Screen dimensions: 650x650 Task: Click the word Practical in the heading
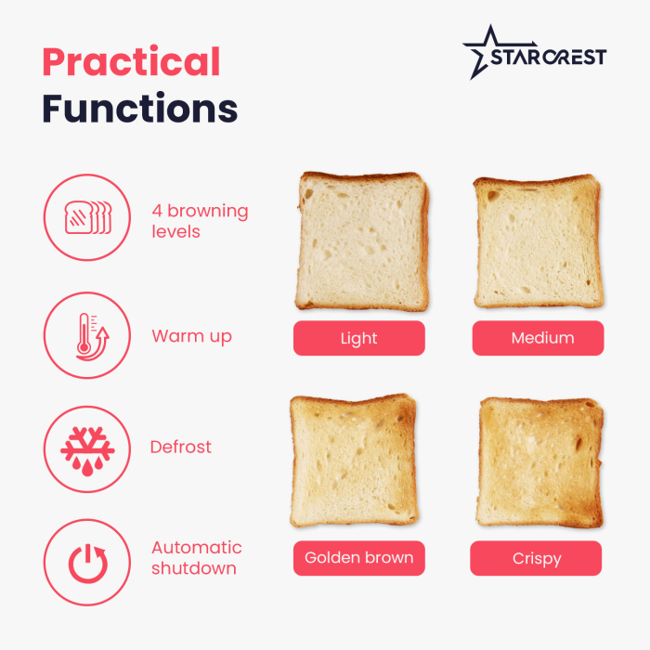[x=131, y=62]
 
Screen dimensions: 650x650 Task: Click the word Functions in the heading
[x=139, y=108]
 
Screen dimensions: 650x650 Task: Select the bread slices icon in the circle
[x=86, y=217]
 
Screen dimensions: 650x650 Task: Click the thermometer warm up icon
[x=86, y=335]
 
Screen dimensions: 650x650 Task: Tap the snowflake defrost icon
[x=86, y=448]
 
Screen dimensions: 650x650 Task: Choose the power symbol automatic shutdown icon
[x=86, y=562]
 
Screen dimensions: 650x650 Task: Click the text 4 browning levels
[x=200, y=221]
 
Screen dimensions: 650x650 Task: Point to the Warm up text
[x=191, y=336]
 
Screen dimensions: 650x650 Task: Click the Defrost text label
[x=180, y=448]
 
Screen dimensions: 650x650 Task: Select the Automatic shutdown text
[x=196, y=557]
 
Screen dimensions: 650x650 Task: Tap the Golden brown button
[x=358, y=559]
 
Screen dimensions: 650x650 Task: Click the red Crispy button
[x=536, y=559]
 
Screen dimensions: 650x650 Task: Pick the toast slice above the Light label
[x=363, y=241]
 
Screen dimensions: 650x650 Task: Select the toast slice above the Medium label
[x=538, y=241]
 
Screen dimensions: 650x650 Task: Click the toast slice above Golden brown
[x=354, y=461]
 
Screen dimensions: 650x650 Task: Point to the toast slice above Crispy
[x=539, y=461]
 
